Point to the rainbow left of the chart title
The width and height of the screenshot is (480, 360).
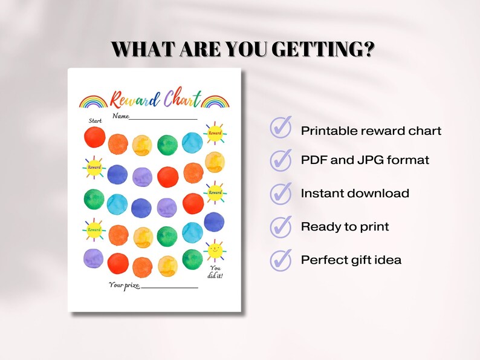94,101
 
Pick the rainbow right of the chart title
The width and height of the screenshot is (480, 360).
216,101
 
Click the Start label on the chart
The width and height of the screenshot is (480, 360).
96,121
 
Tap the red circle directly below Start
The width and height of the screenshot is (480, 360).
95,138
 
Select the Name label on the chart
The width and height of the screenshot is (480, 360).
120,116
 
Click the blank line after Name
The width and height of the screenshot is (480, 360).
163,119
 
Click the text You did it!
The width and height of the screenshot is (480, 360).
216,272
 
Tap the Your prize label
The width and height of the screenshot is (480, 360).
124,284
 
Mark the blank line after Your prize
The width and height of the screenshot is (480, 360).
170,287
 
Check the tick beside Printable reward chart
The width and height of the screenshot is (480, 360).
281,128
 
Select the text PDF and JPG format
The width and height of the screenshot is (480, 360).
365,160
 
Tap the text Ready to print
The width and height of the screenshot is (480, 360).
345,227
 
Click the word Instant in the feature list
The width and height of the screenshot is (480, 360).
322,194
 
